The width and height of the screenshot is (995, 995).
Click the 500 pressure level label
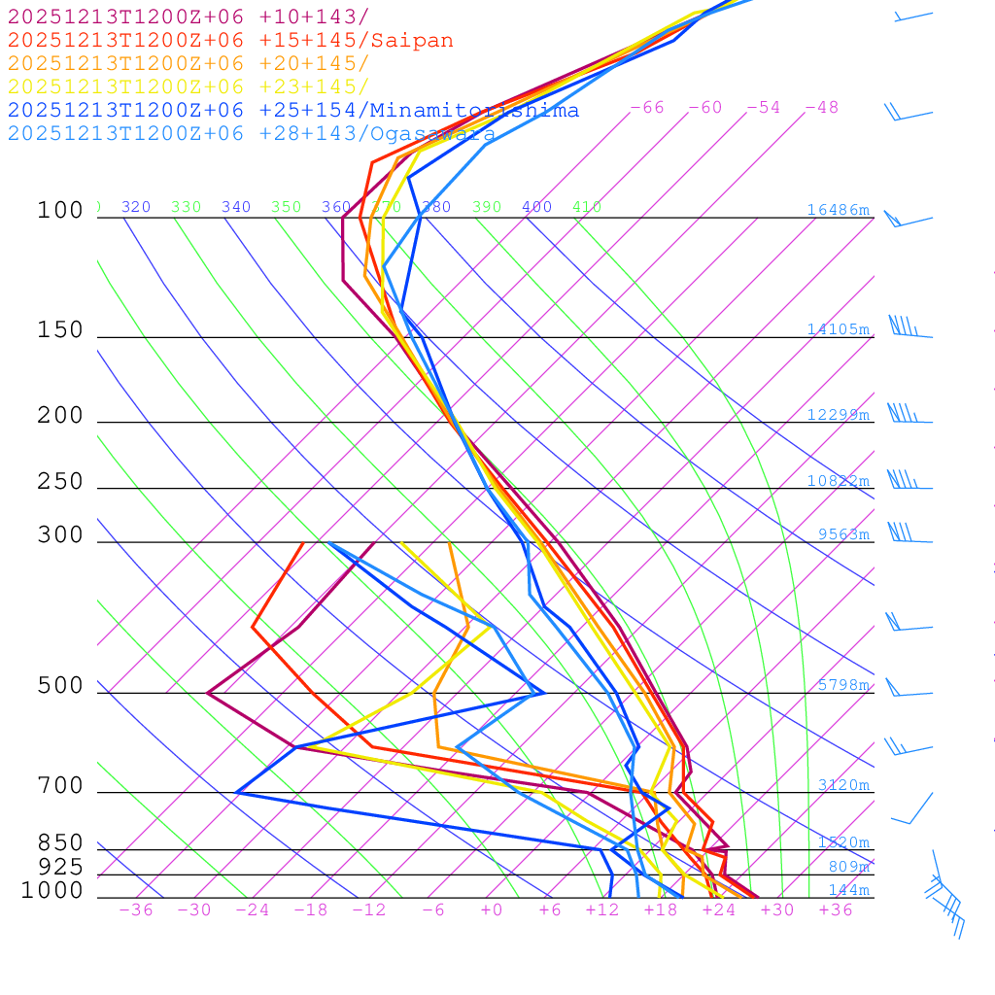point(60,686)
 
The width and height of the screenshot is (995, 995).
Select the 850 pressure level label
point(60,843)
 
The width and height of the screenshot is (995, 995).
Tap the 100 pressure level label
point(60,210)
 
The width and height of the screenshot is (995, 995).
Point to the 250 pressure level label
point(60,482)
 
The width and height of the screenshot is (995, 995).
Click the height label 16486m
point(838,210)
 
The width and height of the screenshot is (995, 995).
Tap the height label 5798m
point(843,685)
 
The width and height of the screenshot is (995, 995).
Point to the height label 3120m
point(843,785)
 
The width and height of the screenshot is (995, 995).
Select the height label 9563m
point(843,533)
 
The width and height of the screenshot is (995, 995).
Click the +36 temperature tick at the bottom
point(836,909)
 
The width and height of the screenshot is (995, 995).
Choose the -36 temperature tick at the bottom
point(136,909)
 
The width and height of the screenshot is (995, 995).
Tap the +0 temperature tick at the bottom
point(492,909)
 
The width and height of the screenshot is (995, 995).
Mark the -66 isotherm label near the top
point(647,107)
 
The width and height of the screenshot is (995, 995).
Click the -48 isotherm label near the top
point(822,107)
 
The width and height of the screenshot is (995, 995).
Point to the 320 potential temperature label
point(136,207)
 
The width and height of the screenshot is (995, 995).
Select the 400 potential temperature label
point(536,207)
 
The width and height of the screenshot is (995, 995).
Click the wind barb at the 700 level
point(913,808)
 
